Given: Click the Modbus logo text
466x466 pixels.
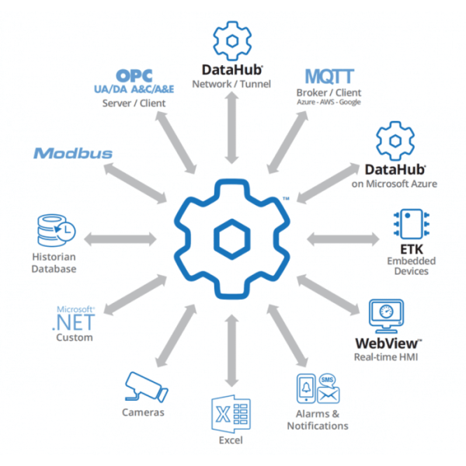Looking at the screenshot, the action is pos(73,153).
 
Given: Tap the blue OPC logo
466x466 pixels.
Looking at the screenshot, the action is pos(134,76).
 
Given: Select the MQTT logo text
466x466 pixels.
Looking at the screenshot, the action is pos(329,76).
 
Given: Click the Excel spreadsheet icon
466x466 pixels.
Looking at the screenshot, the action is pos(231,414).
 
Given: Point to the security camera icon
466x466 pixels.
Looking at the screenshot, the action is pos(146,388).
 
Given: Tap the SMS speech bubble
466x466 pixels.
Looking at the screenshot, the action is pos(327,380).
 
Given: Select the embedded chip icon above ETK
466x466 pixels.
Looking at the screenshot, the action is pos(412,224).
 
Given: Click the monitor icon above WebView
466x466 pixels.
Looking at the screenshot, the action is pos(386,316).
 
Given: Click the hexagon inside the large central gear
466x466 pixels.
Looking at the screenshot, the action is pos(231,239).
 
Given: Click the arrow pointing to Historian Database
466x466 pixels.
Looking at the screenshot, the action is pos(120,239).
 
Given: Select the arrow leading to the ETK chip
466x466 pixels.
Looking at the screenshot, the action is pos(343,239).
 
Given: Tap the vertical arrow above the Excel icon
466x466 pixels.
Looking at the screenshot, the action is pos(231,351).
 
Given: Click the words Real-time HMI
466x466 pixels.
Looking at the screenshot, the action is pos(386,356).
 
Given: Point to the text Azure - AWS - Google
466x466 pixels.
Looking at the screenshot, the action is pos(329,102).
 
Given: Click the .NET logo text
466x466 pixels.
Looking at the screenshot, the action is pos(74,323).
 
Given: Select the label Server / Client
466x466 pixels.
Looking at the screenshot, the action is pos(134,103).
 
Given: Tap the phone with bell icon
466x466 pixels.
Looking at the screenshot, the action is pos(306,388).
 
